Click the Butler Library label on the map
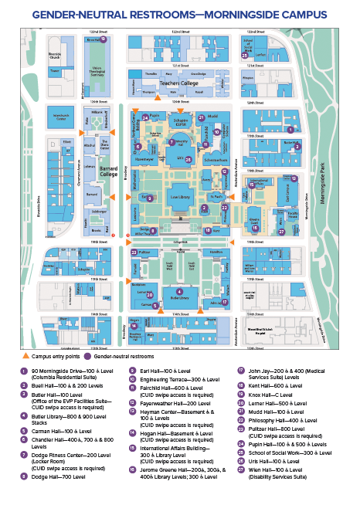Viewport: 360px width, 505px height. pyautogui.click(x=179, y=297)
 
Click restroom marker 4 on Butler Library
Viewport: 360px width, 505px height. pyautogui.click(x=180, y=291)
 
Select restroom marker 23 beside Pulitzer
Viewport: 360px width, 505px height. pyautogui.click(x=134, y=252)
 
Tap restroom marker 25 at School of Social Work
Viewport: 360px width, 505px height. pyautogui.click(x=245, y=55)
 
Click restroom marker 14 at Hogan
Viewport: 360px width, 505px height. pyautogui.click(x=134, y=325)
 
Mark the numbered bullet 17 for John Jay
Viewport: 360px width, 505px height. pyautogui.click(x=241, y=370)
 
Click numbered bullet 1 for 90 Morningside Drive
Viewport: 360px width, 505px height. pyautogui.click(x=22, y=370)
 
